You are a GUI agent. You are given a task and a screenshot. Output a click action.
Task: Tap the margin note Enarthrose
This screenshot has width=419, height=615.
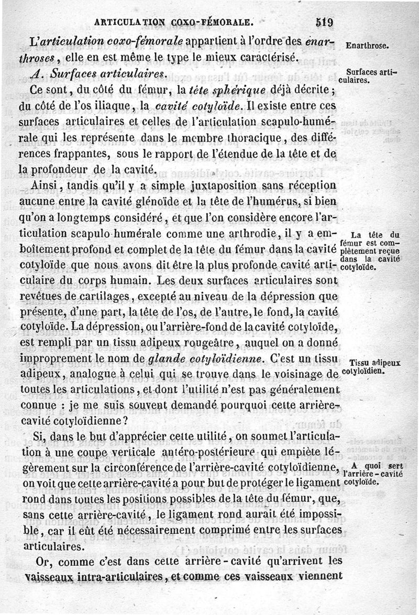coord(367,46)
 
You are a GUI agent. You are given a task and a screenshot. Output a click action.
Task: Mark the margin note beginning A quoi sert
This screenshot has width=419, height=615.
coord(374,473)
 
